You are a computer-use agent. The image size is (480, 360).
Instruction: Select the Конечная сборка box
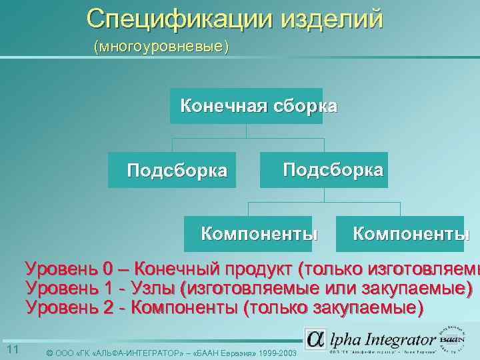tap(247, 106)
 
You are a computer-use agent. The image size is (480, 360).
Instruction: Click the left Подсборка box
tap(173, 170)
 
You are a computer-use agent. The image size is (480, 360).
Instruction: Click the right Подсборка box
tap(324, 169)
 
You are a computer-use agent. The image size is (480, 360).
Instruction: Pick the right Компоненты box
tap(401, 233)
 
